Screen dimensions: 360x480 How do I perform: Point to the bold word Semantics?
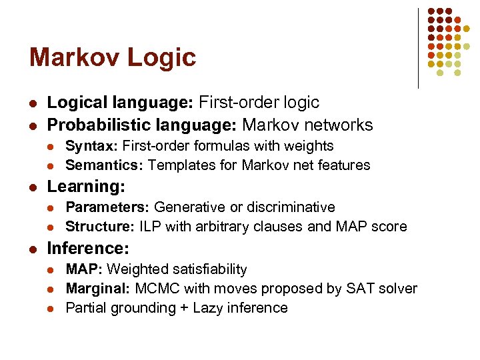click(105, 165)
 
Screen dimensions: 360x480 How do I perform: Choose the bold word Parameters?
click(108, 207)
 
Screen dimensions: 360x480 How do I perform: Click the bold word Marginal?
click(98, 289)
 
